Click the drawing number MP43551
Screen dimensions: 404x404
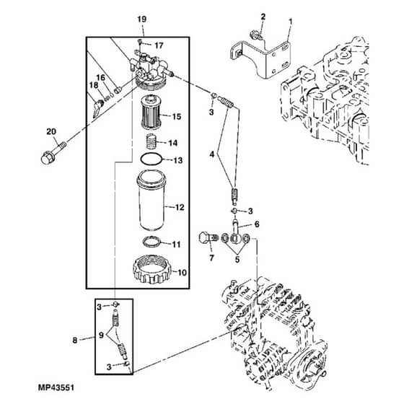(x=56, y=387)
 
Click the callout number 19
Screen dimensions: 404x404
(x=141, y=19)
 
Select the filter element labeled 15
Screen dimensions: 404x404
(x=151, y=112)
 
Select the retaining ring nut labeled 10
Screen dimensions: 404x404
(x=152, y=269)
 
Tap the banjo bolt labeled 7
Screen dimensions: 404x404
(x=208, y=238)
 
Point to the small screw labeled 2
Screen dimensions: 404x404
(x=256, y=35)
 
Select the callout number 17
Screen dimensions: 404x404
(x=159, y=45)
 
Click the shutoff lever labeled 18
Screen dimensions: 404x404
(x=98, y=108)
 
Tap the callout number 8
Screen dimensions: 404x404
(x=75, y=341)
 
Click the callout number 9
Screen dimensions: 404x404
(x=101, y=335)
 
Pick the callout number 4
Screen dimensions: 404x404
(x=212, y=154)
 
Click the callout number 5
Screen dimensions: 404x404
(x=237, y=260)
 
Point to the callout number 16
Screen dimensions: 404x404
(x=101, y=77)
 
